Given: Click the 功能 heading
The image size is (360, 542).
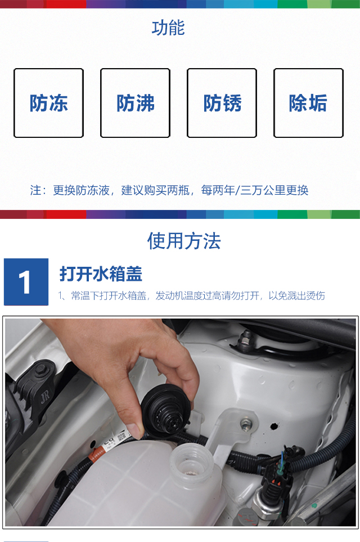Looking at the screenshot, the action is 168,28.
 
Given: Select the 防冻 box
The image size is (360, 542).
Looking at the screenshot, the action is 49,103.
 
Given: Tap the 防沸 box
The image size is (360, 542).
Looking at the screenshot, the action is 135,103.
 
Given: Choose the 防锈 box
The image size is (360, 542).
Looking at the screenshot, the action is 222,103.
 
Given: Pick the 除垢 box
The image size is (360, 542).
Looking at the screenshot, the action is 308,103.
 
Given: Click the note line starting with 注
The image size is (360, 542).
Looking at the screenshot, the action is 169,190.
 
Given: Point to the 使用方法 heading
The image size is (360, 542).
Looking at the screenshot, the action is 184,241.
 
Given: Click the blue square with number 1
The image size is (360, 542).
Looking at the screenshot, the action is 26,282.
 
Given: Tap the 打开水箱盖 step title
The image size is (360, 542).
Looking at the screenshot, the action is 101,274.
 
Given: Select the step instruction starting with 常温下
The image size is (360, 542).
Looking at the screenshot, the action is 191,295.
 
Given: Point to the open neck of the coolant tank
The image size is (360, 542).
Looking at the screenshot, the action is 192,458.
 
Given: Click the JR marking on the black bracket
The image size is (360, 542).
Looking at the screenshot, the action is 45,396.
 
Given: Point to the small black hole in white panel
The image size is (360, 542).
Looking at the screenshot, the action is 274,426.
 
